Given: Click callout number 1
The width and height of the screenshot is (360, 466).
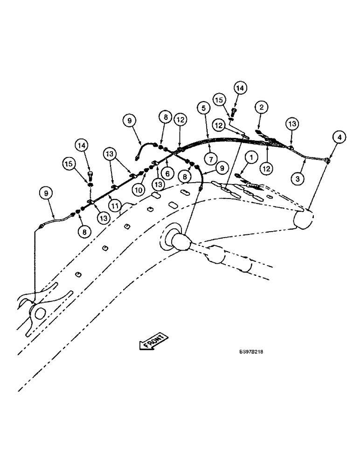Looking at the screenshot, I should coord(251,158).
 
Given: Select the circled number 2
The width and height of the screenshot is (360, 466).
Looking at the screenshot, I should coord(262,107).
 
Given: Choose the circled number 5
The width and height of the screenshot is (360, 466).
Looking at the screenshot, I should coord(202,108).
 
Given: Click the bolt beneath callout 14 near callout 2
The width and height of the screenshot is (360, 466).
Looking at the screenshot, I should coord(235,111).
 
